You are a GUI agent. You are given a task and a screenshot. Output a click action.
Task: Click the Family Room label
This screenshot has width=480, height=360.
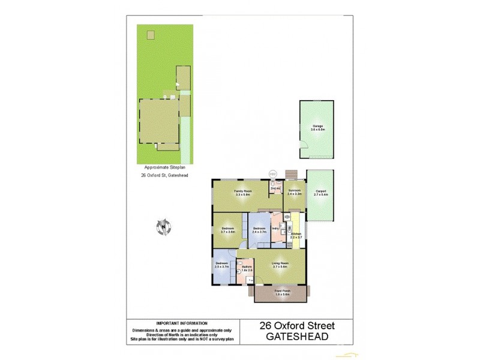tap(242, 192)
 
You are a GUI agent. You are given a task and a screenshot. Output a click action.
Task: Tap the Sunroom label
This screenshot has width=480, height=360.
tap(294, 191)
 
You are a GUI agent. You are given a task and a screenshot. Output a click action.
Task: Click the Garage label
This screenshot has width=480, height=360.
tap(317, 128)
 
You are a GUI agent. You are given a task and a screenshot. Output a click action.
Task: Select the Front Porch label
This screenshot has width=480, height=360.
tap(282, 293)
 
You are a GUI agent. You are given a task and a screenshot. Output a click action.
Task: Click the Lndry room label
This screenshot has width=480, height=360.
tap(275, 229)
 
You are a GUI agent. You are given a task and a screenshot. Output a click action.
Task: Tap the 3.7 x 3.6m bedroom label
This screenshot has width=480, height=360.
tap(227, 230)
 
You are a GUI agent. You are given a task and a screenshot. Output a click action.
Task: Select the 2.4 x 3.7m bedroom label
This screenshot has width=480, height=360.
tap(259, 230)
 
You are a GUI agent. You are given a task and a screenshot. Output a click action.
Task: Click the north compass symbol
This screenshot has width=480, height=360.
tap(163, 226)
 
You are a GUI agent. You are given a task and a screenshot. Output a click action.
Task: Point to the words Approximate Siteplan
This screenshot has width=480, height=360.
tap(163, 167)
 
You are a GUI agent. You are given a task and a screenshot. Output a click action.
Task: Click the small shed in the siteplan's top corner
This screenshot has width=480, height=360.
tap(151, 34)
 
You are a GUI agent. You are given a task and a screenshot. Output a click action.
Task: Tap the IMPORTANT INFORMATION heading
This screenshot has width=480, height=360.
tap(181, 323)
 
